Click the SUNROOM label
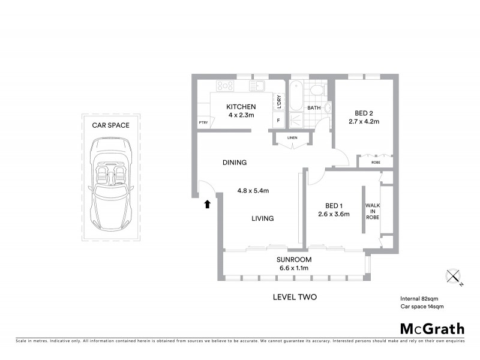[x=292, y=260]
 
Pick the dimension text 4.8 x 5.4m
[x=253, y=191]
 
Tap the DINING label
[x=235, y=163]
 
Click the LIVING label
[x=262, y=218]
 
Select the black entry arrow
[x=208, y=204]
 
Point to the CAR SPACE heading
[x=111, y=125]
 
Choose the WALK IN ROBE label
[x=372, y=212]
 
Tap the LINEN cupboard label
[x=292, y=138]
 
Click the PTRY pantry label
[x=203, y=123]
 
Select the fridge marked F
[x=278, y=121]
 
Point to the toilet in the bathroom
[x=317, y=91]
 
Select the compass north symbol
[x=454, y=277]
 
